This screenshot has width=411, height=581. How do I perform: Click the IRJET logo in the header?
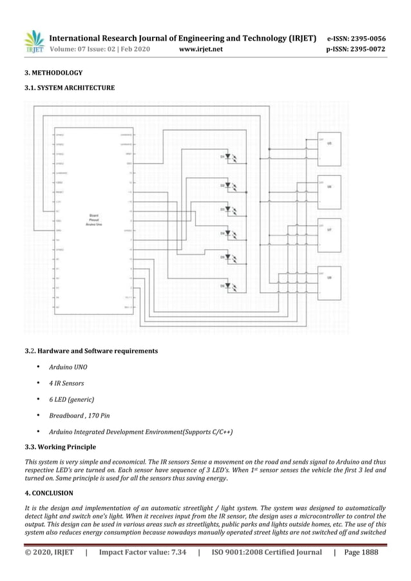tap(34, 43)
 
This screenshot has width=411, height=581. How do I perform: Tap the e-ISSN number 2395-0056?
tap(366, 39)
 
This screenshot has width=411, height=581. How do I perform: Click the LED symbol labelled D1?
tap(229, 157)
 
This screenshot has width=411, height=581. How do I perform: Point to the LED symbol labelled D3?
tap(229, 209)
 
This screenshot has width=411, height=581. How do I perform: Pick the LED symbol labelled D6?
tap(229, 285)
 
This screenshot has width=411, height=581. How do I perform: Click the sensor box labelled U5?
tap(329, 148)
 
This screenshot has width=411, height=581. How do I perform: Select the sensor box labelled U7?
tap(329, 233)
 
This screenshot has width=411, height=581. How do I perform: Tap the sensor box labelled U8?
tap(329, 281)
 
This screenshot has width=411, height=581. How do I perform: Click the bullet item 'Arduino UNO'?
tap(68, 367)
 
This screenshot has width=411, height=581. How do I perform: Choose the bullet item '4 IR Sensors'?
tap(66, 383)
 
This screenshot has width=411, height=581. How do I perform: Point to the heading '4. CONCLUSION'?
tap(49, 493)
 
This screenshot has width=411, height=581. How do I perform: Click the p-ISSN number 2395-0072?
tap(366, 49)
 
